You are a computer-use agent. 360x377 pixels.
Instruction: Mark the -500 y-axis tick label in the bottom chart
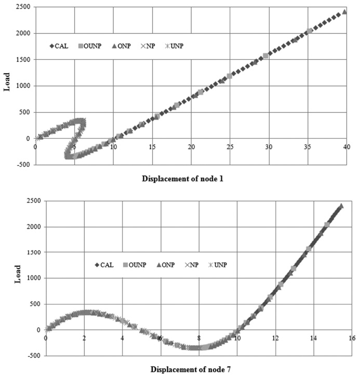33,356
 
